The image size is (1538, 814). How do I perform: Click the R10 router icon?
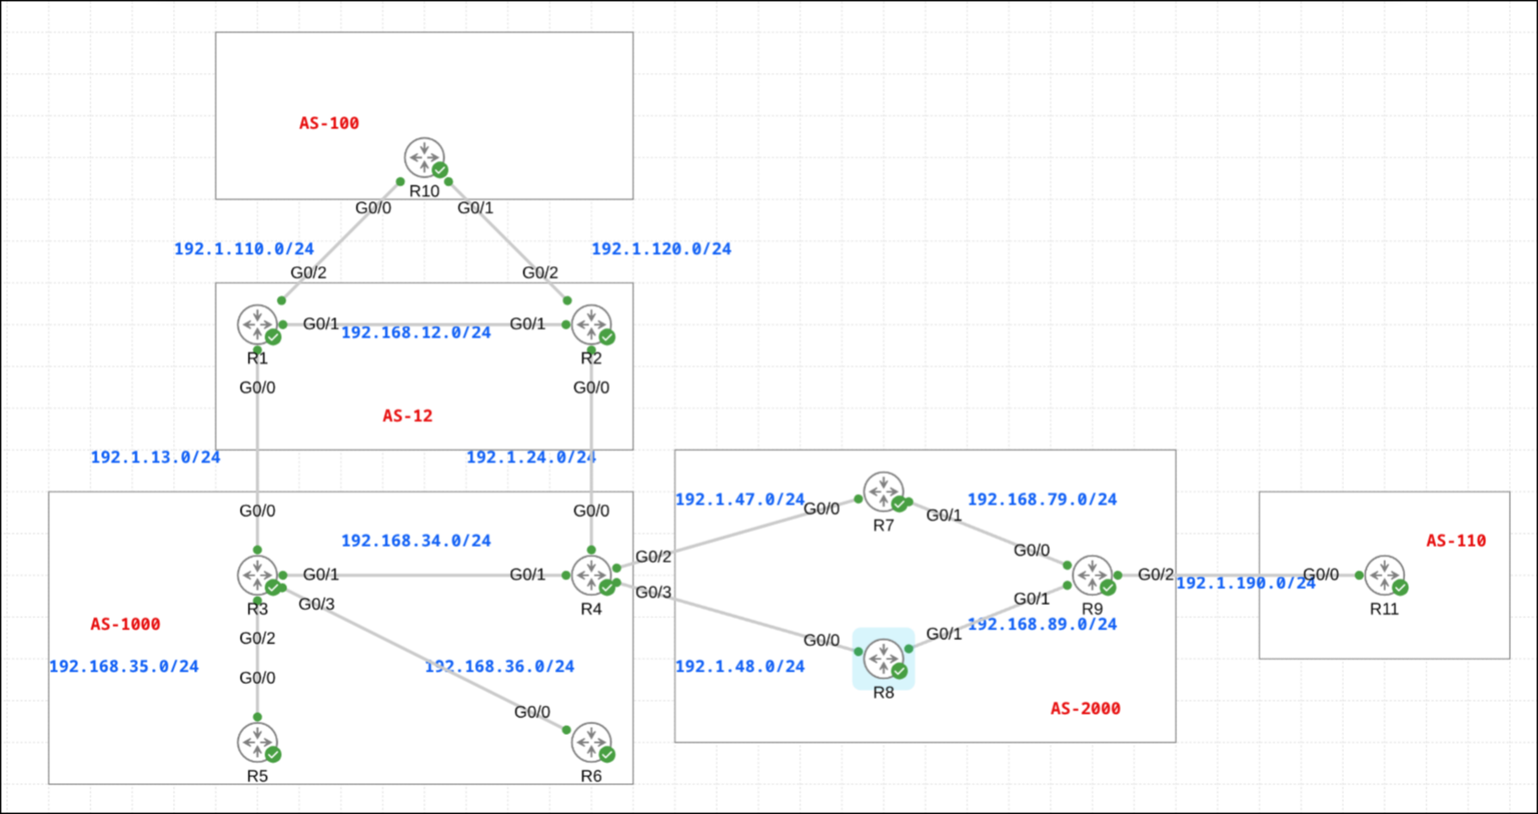click(424, 157)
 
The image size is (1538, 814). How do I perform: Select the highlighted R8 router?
click(883, 659)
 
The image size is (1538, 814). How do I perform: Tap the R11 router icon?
click(1384, 575)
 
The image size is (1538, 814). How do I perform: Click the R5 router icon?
click(257, 742)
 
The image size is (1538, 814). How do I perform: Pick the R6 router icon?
click(591, 742)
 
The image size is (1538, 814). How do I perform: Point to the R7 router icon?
click(883, 492)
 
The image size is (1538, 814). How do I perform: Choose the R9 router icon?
click(1092, 575)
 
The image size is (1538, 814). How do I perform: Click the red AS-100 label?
click(329, 123)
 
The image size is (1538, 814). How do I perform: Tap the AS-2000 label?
click(1085, 709)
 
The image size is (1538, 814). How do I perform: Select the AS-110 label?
click(1455, 541)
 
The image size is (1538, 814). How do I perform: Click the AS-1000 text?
click(126, 624)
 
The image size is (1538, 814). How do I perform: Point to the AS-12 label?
click(407, 416)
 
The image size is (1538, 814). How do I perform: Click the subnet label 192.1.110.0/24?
click(244, 249)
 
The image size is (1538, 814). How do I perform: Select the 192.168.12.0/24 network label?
click(416, 333)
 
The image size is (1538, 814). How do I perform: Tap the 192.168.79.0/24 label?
click(1042, 500)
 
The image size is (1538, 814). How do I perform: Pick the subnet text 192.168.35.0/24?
click(124, 666)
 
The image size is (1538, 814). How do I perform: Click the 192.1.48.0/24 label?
click(740, 666)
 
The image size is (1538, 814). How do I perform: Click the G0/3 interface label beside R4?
click(653, 593)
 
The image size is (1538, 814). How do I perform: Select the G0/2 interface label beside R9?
click(1155, 574)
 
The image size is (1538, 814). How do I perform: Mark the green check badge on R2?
click(607, 337)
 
